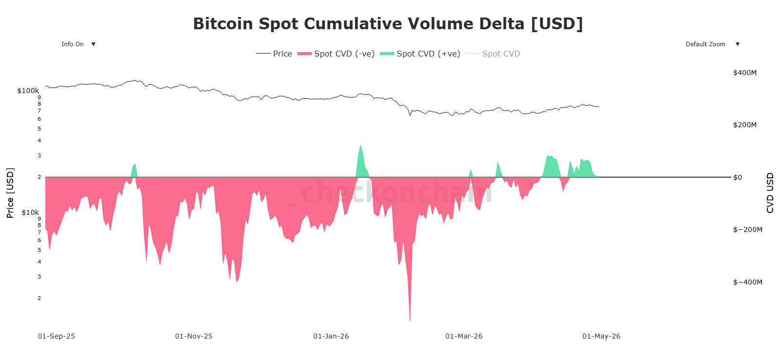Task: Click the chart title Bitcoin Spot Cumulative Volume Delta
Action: [388, 23]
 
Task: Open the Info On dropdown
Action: [78, 44]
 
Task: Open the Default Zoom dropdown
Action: [712, 44]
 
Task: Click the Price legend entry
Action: [274, 54]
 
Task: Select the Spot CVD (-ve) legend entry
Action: [336, 54]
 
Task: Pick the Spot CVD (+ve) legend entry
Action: [420, 54]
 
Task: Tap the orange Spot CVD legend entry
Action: [493, 54]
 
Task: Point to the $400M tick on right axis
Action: [744, 73]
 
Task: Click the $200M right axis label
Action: [744, 125]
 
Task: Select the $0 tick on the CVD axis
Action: [738, 177]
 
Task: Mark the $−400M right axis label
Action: [747, 282]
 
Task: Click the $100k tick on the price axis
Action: [28, 91]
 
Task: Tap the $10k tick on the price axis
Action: [30, 212]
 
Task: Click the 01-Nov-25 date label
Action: [193, 336]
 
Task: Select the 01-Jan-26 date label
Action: [331, 336]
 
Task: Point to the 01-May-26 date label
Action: [601, 336]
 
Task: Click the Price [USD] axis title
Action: [10, 192]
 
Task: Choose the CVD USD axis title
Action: [770, 192]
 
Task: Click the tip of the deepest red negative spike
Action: [410, 320]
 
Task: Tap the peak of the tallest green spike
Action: [360, 145]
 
